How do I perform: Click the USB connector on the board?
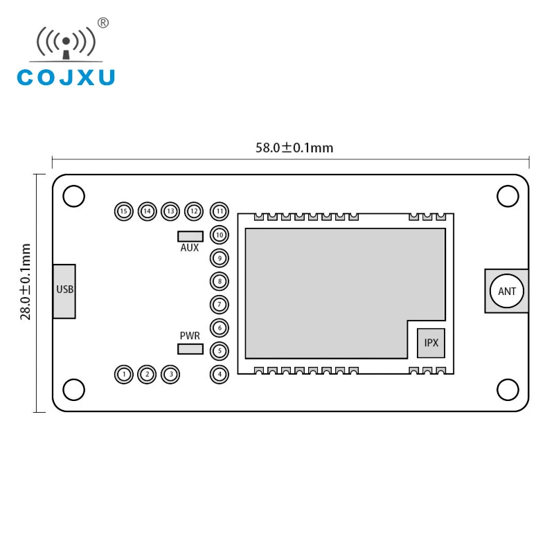[x=64, y=291]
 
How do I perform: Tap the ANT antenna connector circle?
[x=507, y=291]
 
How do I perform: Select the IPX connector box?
[x=431, y=343]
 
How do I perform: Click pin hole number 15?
[x=124, y=211]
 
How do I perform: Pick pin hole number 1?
[x=124, y=375]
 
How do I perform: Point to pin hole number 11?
[x=220, y=211]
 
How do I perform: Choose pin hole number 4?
[x=220, y=375]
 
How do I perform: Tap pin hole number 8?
[x=220, y=281]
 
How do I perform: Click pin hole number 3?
[x=170, y=375]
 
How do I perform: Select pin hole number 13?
[x=170, y=211]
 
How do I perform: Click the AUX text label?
[x=190, y=248]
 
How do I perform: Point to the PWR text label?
[x=190, y=335]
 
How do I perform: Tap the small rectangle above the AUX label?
[x=190, y=236]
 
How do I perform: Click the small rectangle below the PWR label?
[x=190, y=348]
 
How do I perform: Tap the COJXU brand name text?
[x=66, y=78]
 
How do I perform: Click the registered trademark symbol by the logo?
[x=103, y=23]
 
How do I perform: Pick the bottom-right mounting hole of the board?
[x=508, y=390]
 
